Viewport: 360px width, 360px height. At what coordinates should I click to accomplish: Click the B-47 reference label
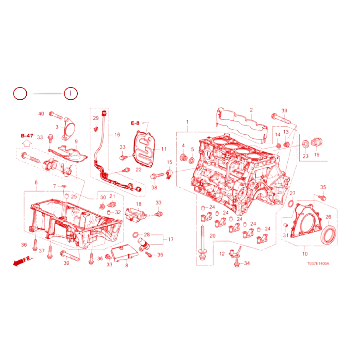click(x=27, y=136)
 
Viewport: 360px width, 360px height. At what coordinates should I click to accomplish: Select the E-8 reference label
click(x=135, y=123)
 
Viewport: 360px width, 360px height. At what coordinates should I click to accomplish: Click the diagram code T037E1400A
click(x=318, y=264)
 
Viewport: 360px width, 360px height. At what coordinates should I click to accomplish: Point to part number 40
click(x=41, y=114)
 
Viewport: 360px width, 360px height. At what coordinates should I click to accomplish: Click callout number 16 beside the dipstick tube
click(x=117, y=135)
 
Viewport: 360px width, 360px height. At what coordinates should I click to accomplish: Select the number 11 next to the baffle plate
click(x=164, y=149)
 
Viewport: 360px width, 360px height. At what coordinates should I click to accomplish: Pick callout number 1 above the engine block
click(x=187, y=122)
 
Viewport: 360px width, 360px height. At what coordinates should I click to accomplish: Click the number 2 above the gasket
click(x=251, y=110)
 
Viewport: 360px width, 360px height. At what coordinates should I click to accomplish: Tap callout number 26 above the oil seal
click(x=328, y=216)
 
